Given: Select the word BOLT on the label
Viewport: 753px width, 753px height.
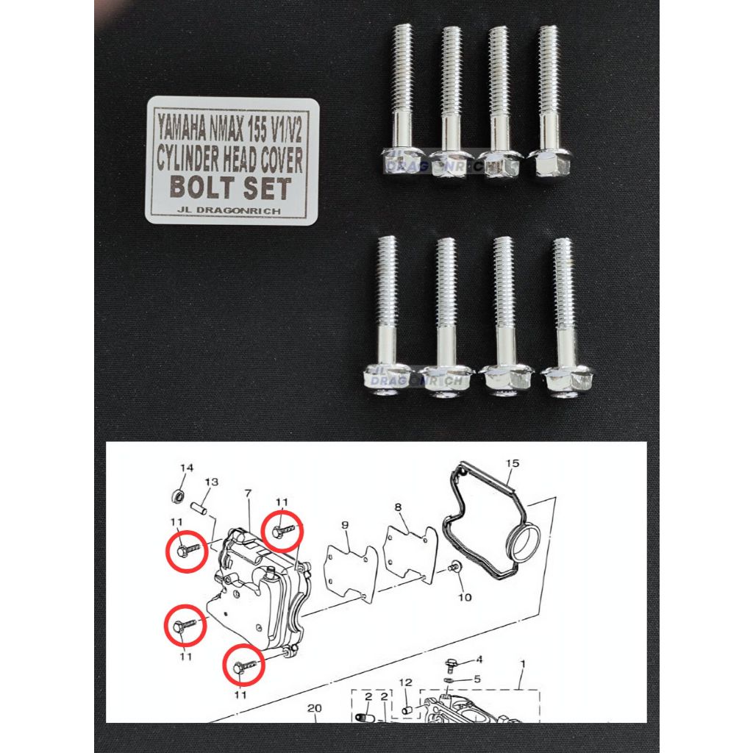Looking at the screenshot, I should pos(201,187).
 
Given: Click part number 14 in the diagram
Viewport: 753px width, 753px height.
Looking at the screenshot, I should pos(186,468).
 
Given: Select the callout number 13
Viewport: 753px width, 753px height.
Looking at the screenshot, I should pos(212,482).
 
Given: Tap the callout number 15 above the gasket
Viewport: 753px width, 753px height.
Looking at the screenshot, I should pos(513,463).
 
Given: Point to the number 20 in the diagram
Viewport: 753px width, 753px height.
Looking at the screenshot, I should pos(315,709).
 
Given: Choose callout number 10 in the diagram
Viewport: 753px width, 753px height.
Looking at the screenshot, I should pos(465,597).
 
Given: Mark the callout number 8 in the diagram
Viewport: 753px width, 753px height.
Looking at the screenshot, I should pos(398,507).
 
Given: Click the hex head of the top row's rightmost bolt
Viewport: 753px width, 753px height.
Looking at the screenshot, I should pos(546,163).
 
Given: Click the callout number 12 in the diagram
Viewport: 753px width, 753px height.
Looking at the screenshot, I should pos(406,683).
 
